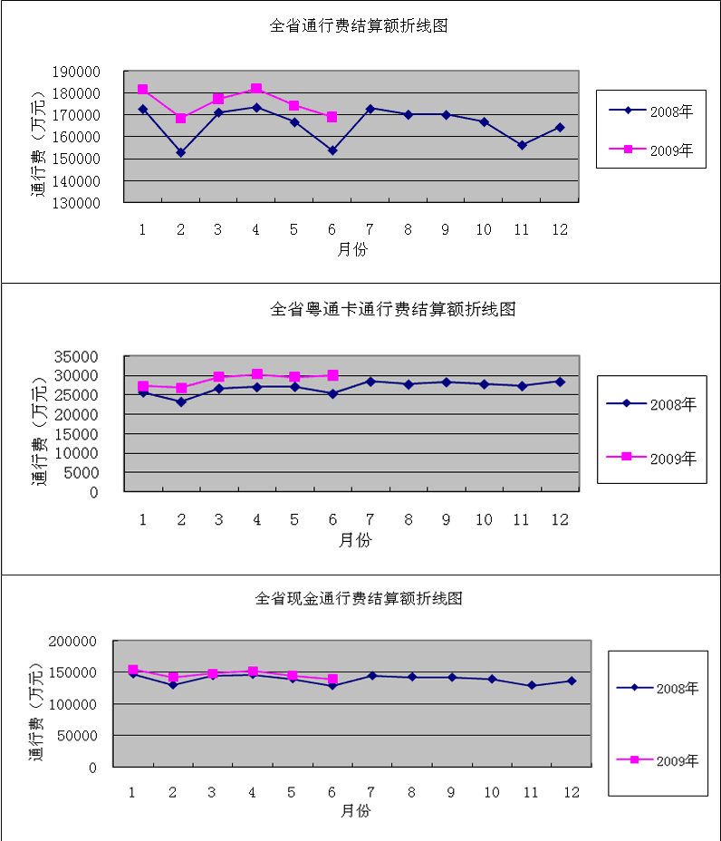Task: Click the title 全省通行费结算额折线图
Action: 360,26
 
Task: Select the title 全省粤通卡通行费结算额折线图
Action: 393,310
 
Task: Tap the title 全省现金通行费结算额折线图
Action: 359,599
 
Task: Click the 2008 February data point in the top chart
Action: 180,152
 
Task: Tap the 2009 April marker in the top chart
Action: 256,89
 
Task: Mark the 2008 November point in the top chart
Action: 522,145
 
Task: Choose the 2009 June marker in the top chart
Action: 332,117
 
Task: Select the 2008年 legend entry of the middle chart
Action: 650,404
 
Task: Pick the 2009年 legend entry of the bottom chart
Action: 657,760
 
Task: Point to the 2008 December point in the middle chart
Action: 560,382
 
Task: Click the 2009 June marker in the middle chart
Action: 332,375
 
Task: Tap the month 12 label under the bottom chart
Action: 572,792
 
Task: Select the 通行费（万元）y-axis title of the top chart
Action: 38,145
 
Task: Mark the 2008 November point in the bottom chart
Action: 532,685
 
